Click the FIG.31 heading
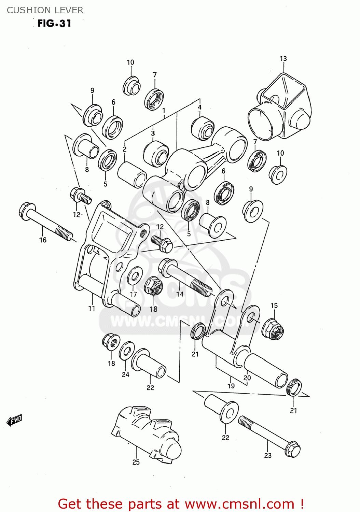54,23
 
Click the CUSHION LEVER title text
45,10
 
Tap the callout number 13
283,59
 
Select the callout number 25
136,462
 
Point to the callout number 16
43,240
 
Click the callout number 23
268,455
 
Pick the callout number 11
92,309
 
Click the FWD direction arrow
15,420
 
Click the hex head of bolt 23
293,449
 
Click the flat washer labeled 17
135,275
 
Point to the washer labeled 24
127,350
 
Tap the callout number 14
180,294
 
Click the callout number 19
231,386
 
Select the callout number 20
247,378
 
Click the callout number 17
133,294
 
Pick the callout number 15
274,305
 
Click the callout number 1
164,111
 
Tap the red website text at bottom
181,504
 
